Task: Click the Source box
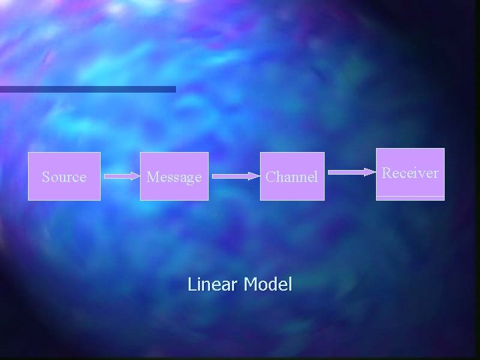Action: (64, 177)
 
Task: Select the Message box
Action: (174, 177)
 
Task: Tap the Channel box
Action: (291, 177)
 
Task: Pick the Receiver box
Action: (410, 173)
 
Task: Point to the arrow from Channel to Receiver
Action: (353, 172)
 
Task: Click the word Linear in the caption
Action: (213, 285)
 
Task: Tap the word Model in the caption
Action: (268, 285)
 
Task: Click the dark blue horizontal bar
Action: (87, 89)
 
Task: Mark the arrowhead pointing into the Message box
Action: (136, 177)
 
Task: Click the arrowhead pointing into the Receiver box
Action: (371, 172)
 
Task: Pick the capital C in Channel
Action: (271, 177)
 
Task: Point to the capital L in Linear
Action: (191, 285)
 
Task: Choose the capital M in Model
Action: (250, 285)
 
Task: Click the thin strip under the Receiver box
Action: (410, 198)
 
